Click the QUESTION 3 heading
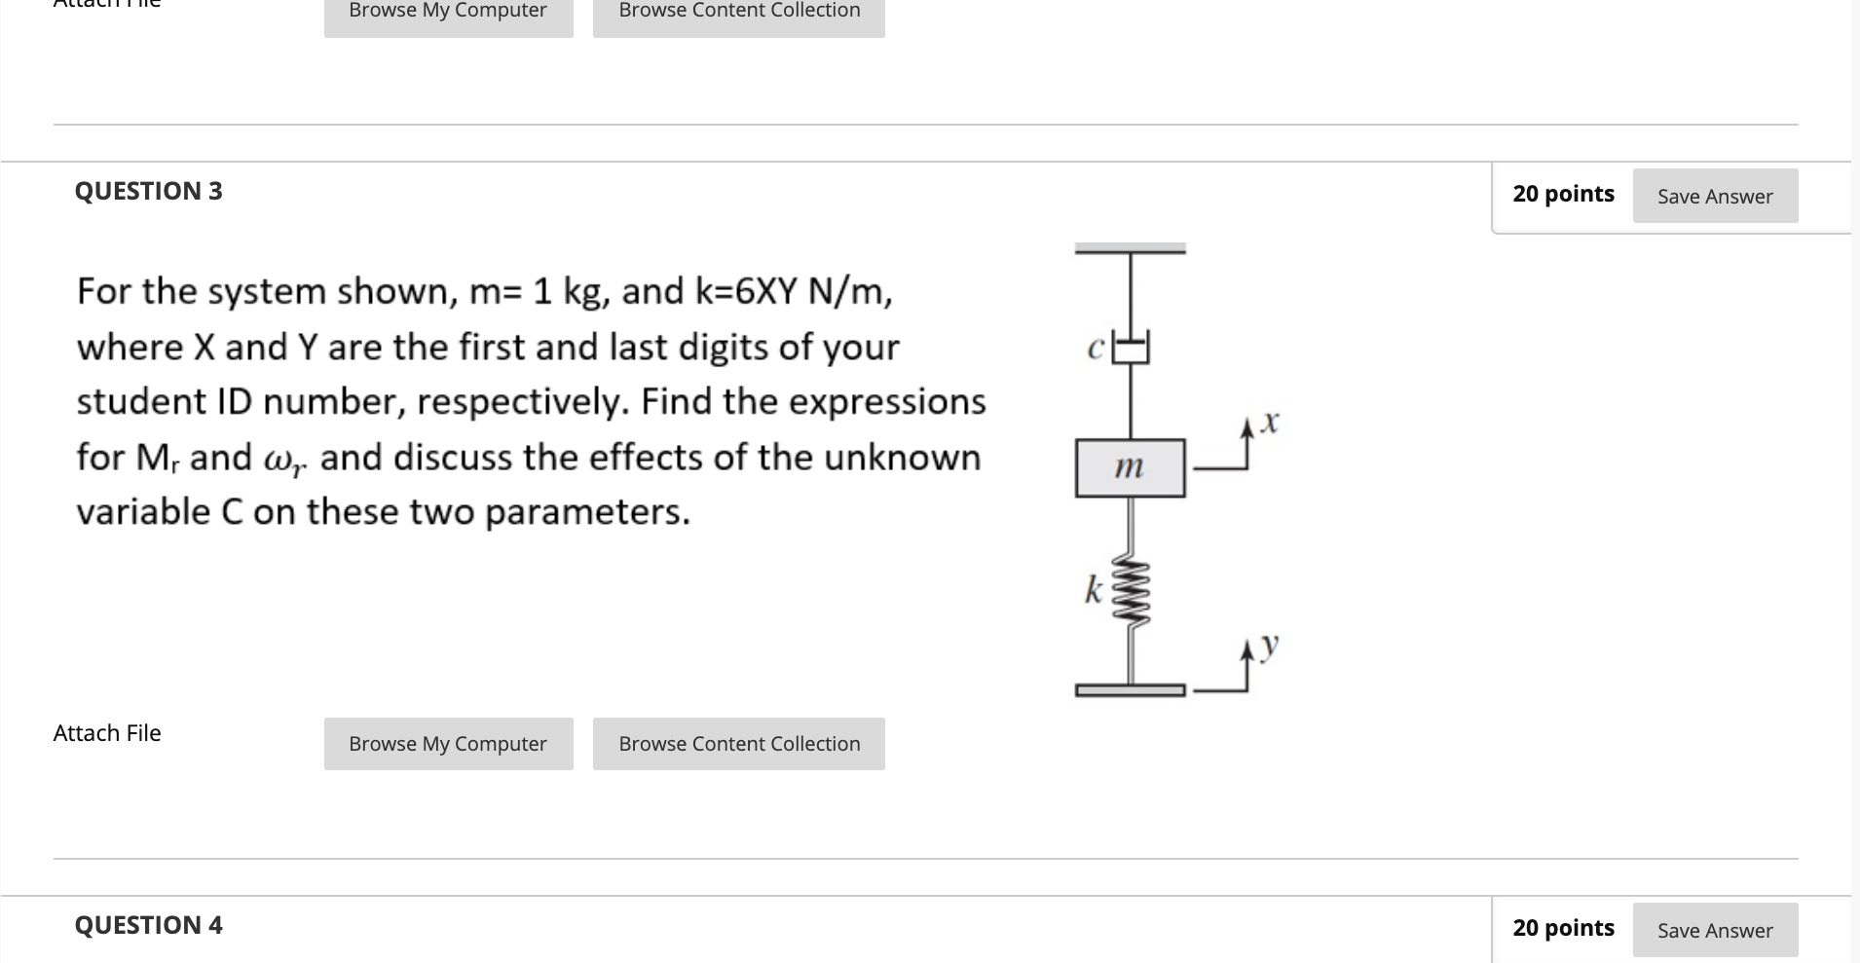point(148,191)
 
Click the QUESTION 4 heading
point(148,925)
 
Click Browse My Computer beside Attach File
point(448,744)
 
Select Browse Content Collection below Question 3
point(739,744)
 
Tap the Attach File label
point(107,733)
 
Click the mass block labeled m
point(1130,468)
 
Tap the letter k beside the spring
point(1095,589)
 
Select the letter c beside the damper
point(1096,349)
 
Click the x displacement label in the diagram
point(1267,424)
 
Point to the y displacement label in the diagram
point(1268,646)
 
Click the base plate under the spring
point(1130,690)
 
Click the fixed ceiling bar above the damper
point(1130,249)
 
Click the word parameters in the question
point(588,512)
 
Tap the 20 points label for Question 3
point(1563,194)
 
